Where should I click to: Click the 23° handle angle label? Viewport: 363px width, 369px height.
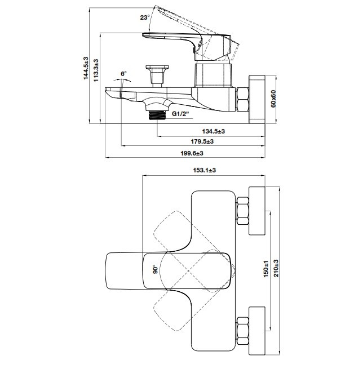pyautogui.click(x=145, y=17)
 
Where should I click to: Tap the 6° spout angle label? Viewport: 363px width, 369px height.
pyautogui.click(x=123, y=74)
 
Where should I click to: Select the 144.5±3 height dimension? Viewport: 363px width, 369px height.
pyautogui.click(x=86, y=68)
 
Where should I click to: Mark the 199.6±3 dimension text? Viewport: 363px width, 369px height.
pyautogui.click(x=191, y=153)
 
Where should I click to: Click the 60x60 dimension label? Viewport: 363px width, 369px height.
pyautogui.click(x=273, y=99)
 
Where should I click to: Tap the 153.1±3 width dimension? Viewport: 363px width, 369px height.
pyautogui.click(x=205, y=170)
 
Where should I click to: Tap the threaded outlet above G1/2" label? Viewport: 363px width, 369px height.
pyautogui.click(x=157, y=115)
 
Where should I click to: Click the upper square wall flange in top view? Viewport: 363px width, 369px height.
pyautogui.click(x=256, y=210)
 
